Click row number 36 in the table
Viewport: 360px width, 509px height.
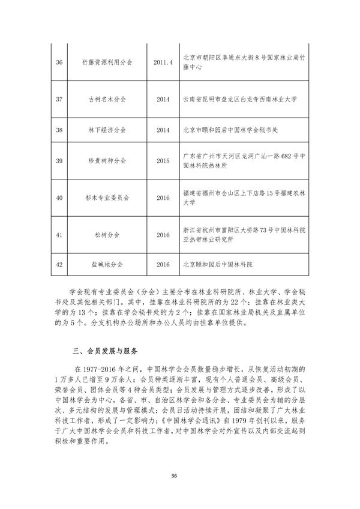coord(59,62)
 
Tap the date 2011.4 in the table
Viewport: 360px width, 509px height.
coord(163,62)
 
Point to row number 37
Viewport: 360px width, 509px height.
coord(59,98)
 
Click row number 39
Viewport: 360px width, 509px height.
coord(59,161)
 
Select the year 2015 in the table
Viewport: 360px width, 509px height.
coord(163,161)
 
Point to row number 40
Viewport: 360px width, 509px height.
coord(59,197)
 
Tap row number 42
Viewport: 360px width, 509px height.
coord(59,264)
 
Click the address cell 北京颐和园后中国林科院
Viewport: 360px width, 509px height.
coord(218,264)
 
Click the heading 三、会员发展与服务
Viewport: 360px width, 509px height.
coord(104,349)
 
